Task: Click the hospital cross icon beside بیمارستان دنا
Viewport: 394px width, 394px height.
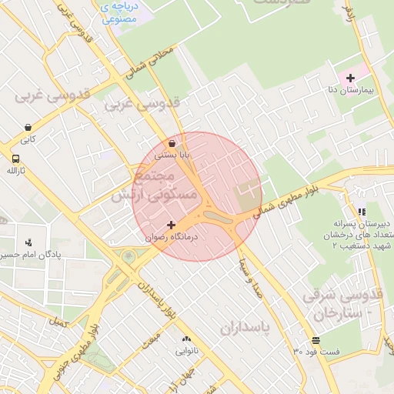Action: click(351, 78)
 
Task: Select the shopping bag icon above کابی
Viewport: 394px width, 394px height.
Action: click(28, 128)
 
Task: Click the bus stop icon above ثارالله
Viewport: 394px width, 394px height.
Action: click(15, 159)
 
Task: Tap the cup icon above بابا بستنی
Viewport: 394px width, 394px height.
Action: click(171, 142)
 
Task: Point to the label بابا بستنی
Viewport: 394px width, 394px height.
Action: click(172, 155)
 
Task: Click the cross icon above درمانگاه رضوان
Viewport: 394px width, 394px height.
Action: click(171, 225)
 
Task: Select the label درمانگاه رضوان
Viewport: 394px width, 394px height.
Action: click(172, 238)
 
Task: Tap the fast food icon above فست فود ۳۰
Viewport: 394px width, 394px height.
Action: click(316, 340)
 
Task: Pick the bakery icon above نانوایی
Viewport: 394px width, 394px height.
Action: click(185, 339)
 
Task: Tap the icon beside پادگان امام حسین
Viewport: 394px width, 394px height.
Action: click(28, 242)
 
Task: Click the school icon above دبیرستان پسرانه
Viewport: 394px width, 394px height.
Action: click(362, 212)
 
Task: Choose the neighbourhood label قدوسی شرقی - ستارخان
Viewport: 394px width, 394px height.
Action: click(342, 304)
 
